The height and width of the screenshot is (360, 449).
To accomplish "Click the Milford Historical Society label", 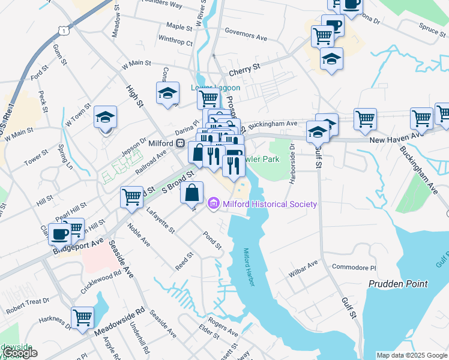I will [270, 204].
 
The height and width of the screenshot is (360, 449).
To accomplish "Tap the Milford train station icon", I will [179, 143].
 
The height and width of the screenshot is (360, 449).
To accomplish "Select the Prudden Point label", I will [398, 283].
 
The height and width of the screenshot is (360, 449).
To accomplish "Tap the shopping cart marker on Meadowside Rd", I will [82, 316].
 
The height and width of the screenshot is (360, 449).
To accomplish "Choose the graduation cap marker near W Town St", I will [106, 117].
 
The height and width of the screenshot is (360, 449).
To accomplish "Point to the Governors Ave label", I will [246, 37].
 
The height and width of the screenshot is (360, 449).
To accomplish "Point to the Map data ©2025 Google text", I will [411, 355].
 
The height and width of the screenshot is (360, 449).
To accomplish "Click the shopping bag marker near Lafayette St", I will [191, 193].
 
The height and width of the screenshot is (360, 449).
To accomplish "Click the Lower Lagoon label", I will [215, 88].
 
